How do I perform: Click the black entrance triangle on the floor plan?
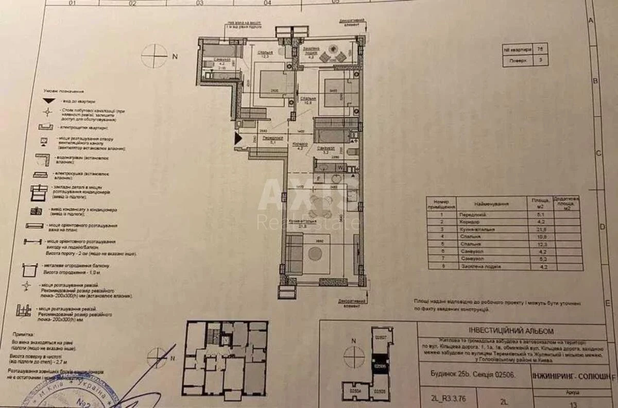pyautogui.click(x=237, y=139)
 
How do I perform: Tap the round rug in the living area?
pyautogui.click(x=315, y=253)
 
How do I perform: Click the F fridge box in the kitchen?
pyautogui.click(x=319, y=179)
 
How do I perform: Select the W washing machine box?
pyautogui.click(x=340, y=167)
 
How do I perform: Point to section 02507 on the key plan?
pyautogui.click(x=381, y=338)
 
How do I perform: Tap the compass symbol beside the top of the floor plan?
pyautogui.click(x=154, y=56)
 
